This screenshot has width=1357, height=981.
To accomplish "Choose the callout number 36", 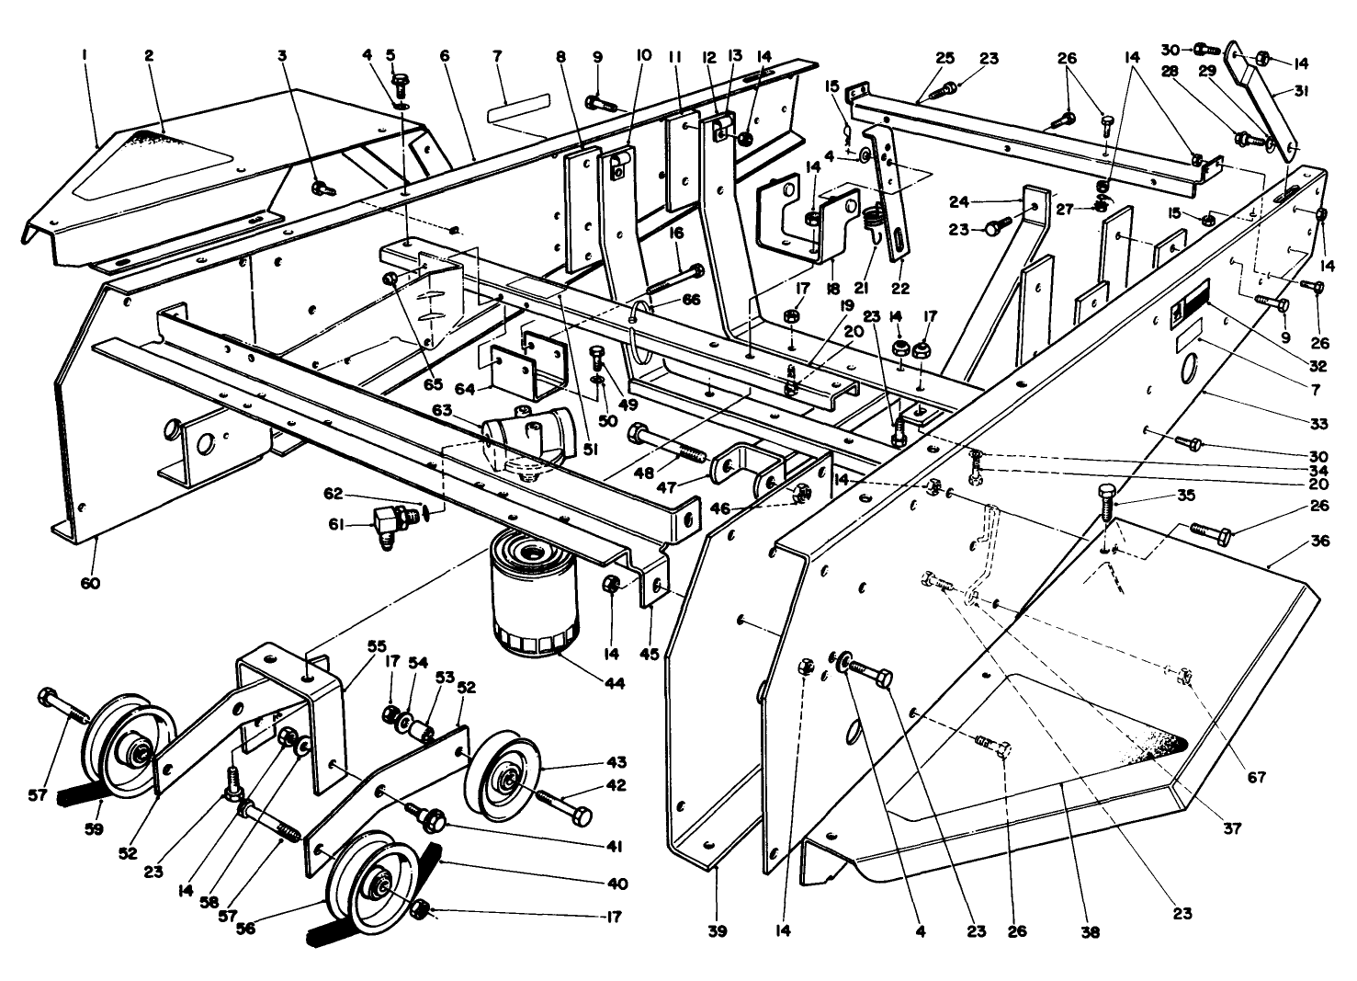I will click(1320, 542).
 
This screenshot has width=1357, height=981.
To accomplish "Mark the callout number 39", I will click(718, 931).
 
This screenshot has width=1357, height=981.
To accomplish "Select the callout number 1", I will click(84, 56).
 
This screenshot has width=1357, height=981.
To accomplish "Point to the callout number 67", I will click(1256, 777).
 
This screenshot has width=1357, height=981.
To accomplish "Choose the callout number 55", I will click(350, 646).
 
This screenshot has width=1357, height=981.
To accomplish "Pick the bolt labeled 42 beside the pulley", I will click(565, 805).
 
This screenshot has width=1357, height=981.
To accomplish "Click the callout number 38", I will click(1091, 931).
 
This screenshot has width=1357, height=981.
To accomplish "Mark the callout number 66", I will click(690, 301).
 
